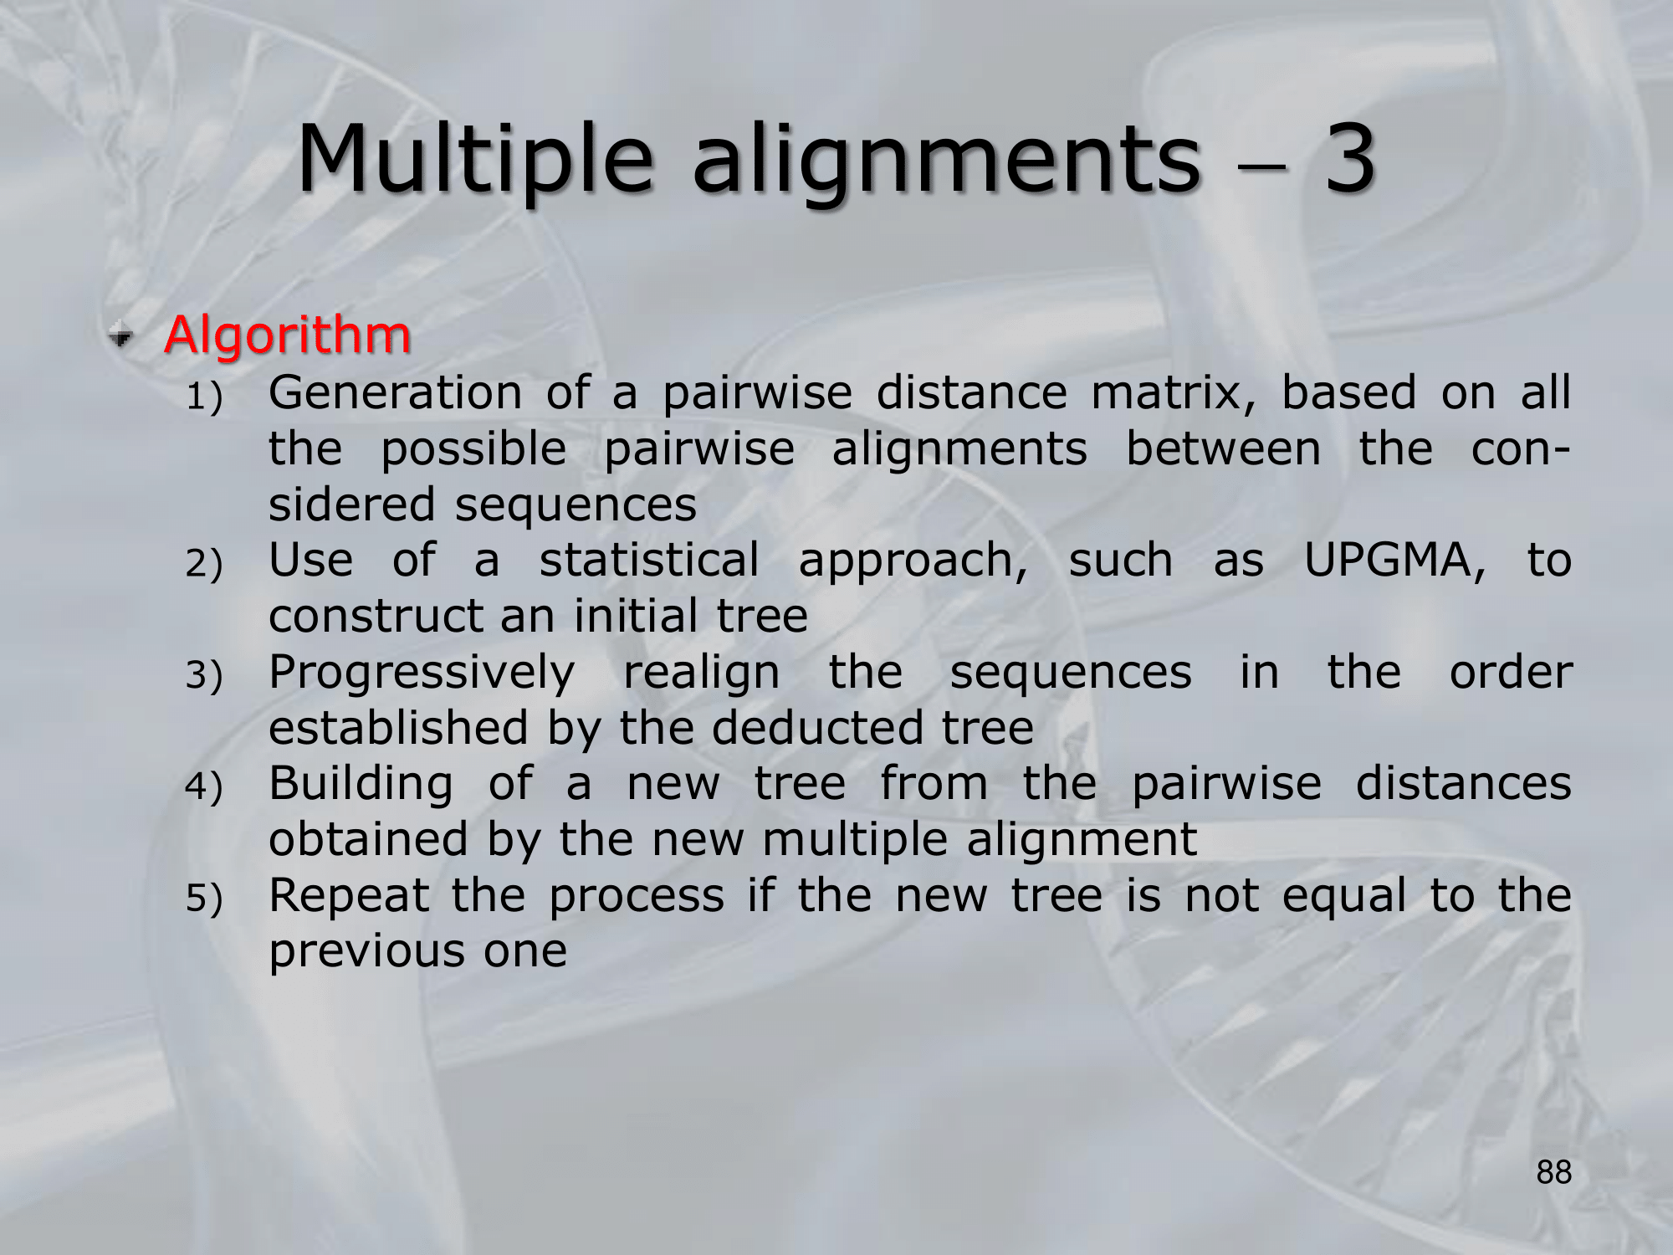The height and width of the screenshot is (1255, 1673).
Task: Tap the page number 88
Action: click(1553, 1173)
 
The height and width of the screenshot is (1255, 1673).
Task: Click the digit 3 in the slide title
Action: click(1349, 158)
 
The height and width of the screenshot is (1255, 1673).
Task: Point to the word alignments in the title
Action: click(946, 163)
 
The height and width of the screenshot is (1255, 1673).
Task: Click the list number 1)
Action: click(204, 397)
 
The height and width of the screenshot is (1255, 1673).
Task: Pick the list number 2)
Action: click(204, 564)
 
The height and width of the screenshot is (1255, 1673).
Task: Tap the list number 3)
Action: click(204, 676)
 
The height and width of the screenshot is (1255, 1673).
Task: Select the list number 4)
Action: click(204, 787)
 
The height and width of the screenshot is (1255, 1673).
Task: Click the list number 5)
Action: click(204, 899)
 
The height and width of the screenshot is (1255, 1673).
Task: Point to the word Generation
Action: click(396, 392)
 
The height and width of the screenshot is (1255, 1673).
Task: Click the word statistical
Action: click(649, 560)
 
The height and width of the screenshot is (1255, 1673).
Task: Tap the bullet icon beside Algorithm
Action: click(121, 336)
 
